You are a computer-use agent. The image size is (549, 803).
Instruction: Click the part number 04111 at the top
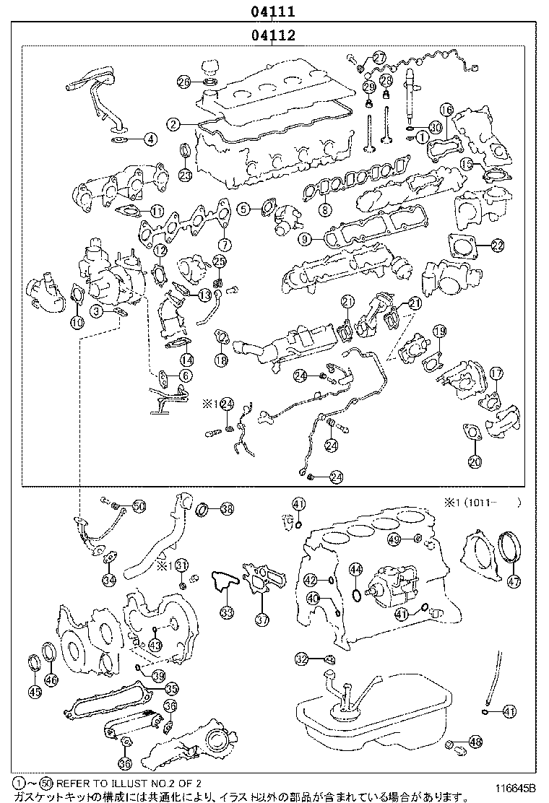[x=272, y=11]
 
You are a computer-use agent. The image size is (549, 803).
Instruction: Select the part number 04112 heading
[x=272, y=34]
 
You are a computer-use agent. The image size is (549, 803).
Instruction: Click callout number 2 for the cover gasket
[x=173, y=124]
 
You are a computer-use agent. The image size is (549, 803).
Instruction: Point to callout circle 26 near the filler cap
[x=184, y=82]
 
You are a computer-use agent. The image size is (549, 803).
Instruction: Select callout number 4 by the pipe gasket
[x=150, y=138]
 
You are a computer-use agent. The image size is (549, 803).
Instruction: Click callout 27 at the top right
[x=379, y=58]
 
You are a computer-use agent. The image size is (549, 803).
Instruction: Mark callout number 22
[x=497, y=246]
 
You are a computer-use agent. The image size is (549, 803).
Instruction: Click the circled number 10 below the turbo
[x=77, y=323]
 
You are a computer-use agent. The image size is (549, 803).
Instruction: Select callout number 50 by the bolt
[x=139, y=507]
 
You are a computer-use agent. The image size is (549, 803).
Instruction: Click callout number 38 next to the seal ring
[x=227, y=509]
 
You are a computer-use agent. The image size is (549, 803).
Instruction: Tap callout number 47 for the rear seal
[x=513, y=581]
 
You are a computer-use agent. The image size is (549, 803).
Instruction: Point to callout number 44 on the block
[x=355, y=570]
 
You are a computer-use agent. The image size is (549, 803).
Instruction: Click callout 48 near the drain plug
[x=475, y=741]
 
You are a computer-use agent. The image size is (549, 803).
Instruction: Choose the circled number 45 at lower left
[x=35, y=692]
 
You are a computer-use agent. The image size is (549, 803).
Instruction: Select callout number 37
[x=261, y=618]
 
